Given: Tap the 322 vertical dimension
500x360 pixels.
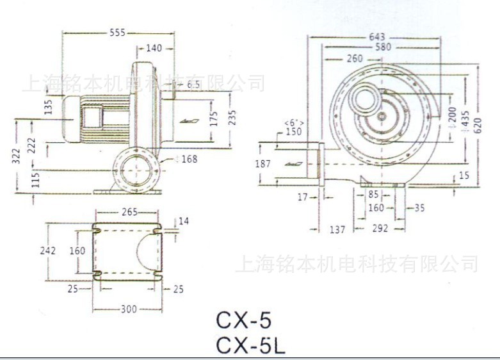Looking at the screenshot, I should (x=16, y=155).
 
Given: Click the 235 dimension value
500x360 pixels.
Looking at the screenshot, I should (x=234, y=119).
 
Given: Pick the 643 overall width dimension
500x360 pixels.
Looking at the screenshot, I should (x=376, y=37).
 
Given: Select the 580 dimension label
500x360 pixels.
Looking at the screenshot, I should (x=383, y=47).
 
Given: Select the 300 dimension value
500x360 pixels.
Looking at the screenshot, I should (x=128, y=309).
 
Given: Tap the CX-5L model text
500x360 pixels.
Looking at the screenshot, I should (x=250, y=345).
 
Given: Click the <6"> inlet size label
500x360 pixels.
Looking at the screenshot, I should (x=294, y=122).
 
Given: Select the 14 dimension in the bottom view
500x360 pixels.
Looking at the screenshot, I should (x=184, y=221).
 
